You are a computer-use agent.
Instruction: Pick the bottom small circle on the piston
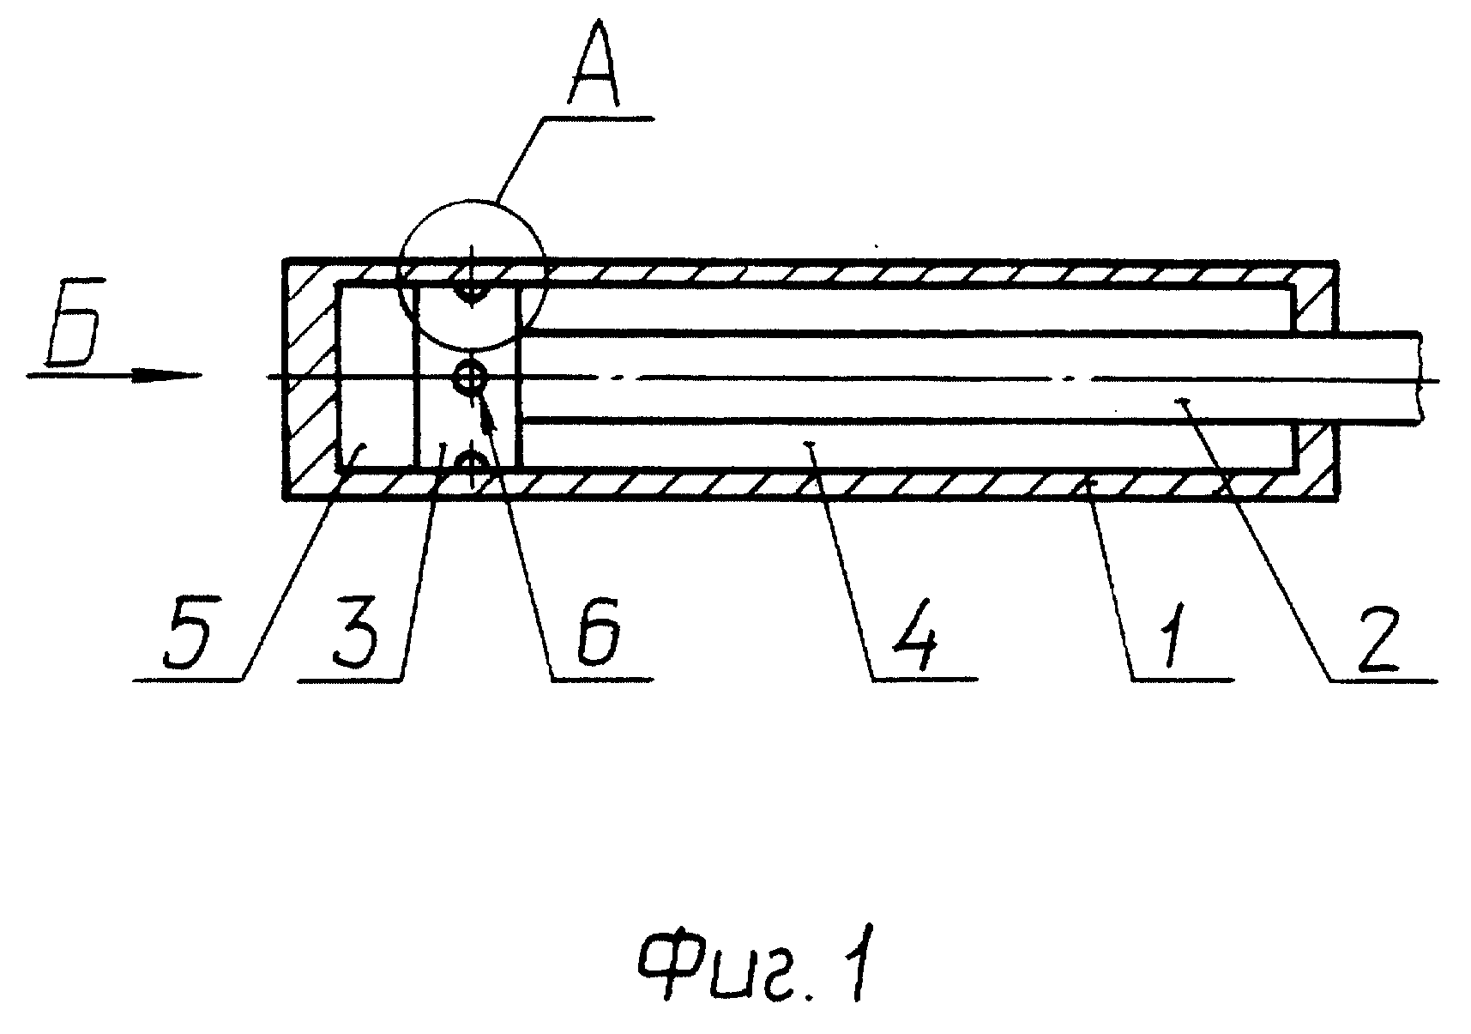click(471, 464)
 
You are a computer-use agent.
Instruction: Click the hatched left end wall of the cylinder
click(310, 378)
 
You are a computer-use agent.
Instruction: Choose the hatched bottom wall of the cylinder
click(810, 482)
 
